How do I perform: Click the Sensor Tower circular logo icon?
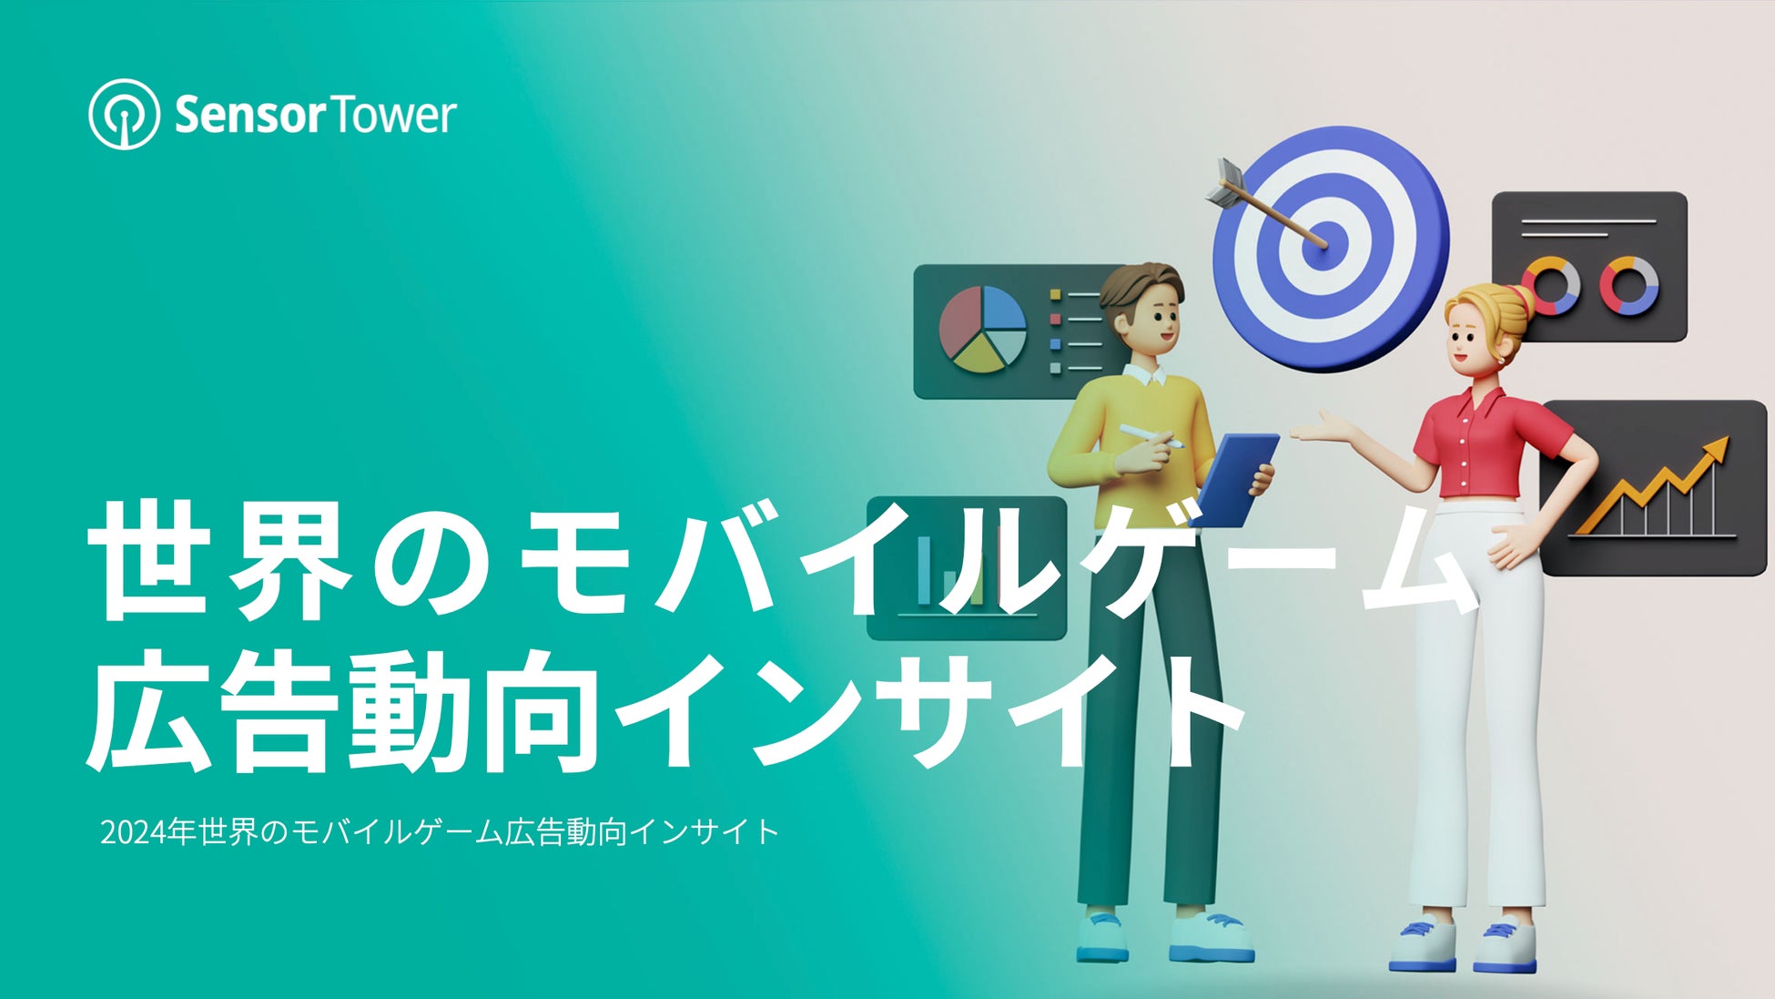tap(125, 114)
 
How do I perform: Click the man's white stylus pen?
tap(1151, 436)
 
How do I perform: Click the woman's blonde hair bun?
tap(1516, 300)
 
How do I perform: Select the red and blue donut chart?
tap(1628, 286)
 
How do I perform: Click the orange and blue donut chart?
tap(1551, 286)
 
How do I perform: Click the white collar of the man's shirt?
tap(1145, 374)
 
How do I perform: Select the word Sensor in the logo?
tap(248, 116)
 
